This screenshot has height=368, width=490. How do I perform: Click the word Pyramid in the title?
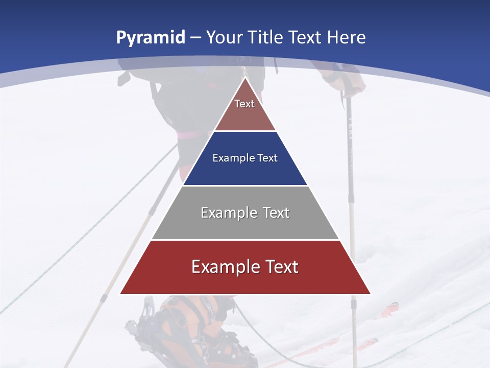pyautogui.click(x=151, y=38)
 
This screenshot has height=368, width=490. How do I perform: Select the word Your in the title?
pyautogui.click(x=225, y=38)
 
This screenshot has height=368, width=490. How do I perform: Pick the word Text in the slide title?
pyautogui.click(x=306, y=38)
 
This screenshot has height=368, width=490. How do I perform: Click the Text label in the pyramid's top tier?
pyautogui.click(x=244, y=104)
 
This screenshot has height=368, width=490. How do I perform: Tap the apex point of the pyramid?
pyautogui.click(x=245, y=78)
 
